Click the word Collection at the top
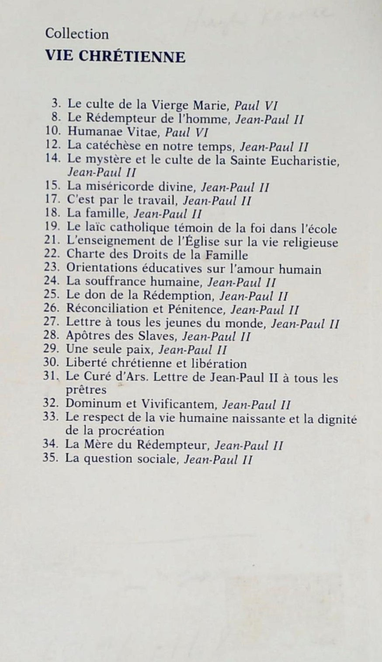(77, 34)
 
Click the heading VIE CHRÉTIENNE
(115, 57)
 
